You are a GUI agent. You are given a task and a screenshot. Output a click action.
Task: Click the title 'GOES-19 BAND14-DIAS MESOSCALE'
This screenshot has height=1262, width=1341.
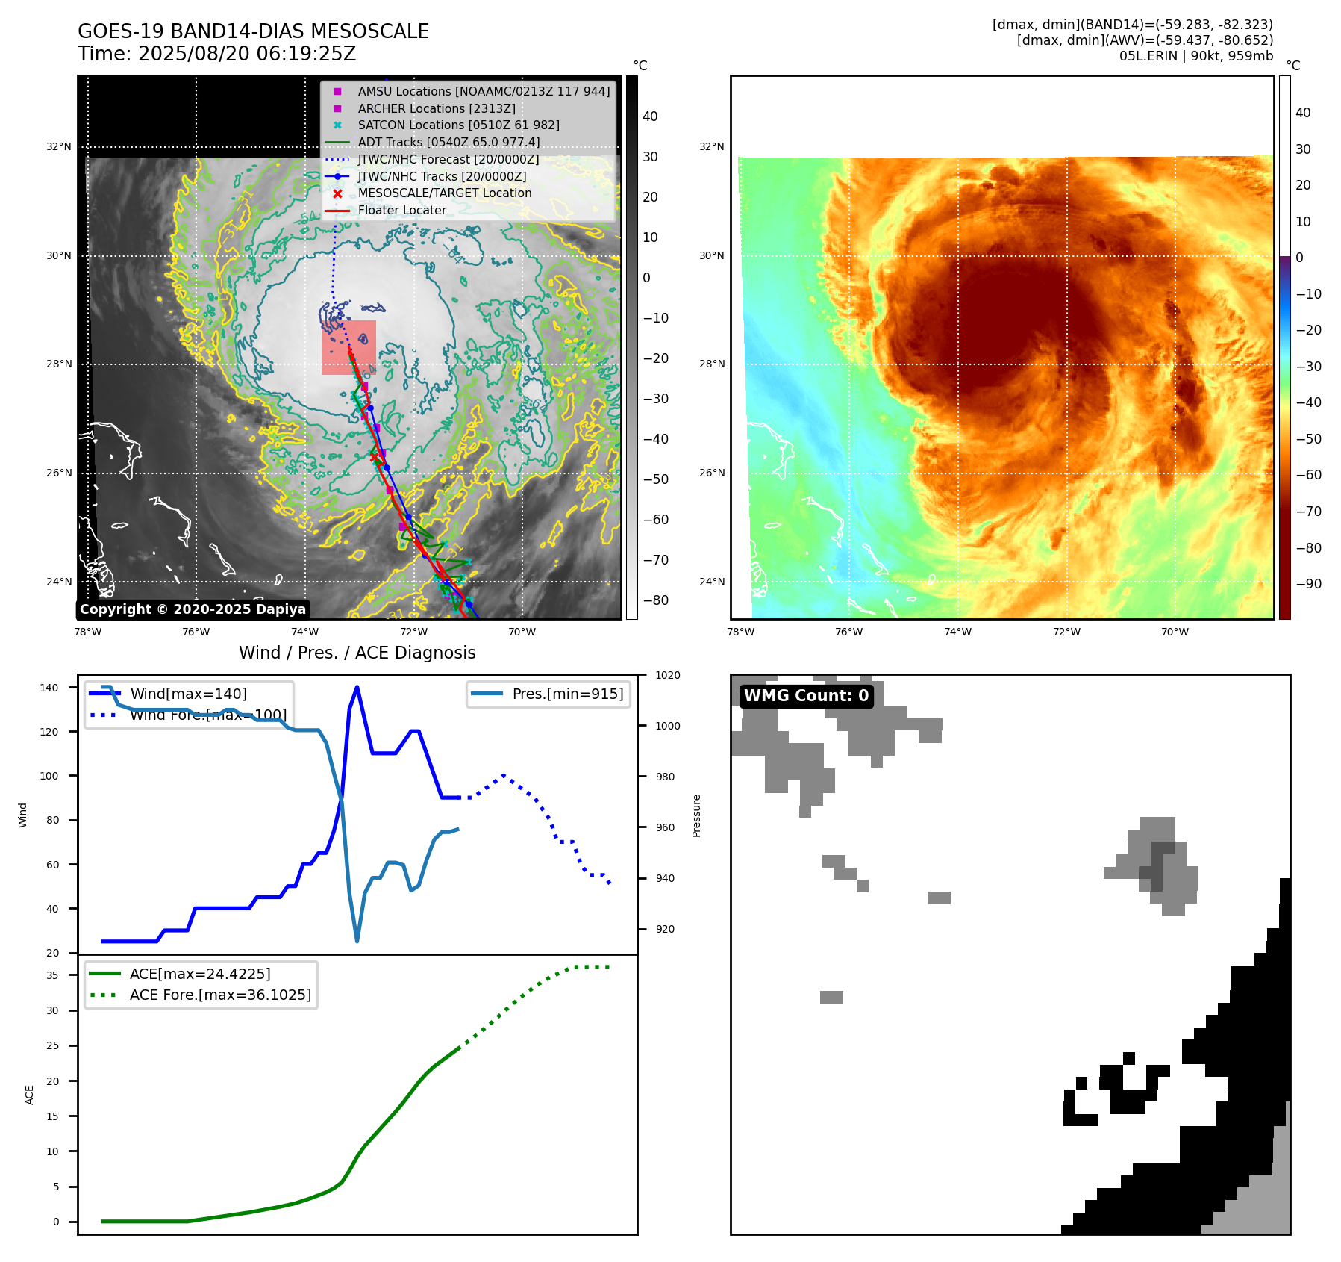(253, 31)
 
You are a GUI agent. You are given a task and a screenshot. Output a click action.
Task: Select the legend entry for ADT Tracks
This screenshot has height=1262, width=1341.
(448, 142)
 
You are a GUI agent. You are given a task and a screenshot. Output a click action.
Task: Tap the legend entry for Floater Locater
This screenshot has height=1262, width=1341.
(401, 211)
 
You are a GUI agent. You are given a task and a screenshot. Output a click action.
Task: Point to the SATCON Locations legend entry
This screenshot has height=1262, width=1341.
(458, 125)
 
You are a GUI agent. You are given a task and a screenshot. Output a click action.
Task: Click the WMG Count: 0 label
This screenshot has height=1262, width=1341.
(806, 696)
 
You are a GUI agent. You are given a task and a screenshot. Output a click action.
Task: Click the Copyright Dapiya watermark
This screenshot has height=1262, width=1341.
(193, 609)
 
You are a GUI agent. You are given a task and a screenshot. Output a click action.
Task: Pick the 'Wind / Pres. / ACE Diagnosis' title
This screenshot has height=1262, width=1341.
(357, 653)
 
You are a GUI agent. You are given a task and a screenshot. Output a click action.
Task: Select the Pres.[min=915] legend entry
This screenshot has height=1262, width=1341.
(567, 694)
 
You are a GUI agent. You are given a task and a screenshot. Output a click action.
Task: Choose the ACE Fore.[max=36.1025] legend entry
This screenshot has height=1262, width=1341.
(220, 995)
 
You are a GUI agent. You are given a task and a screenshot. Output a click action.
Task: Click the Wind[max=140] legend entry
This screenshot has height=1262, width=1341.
(188, 694)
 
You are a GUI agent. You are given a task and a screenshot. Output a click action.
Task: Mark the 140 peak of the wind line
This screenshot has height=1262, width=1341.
(357, 687)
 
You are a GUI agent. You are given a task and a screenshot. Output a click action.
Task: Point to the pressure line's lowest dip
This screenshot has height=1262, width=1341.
(357, 940)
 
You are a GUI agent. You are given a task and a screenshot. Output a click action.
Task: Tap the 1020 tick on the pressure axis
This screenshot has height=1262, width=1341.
(667, 675)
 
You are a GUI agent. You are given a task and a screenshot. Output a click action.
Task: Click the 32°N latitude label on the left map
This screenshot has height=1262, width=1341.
(59, 147)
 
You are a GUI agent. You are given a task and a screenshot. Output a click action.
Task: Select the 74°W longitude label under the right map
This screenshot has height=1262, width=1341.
(957, 632)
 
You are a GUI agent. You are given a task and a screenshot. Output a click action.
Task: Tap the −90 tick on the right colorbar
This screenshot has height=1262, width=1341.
(1308, 584)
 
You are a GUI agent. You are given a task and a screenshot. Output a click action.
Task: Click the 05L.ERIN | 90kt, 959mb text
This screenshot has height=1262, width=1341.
(1195, 56)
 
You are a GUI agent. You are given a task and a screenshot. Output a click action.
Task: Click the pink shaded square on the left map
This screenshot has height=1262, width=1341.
(348, 347)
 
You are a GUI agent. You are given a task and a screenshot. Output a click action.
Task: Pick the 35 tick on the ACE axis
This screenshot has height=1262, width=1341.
(52, 975)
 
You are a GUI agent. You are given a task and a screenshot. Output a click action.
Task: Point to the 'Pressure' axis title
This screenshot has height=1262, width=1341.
(696, 815)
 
